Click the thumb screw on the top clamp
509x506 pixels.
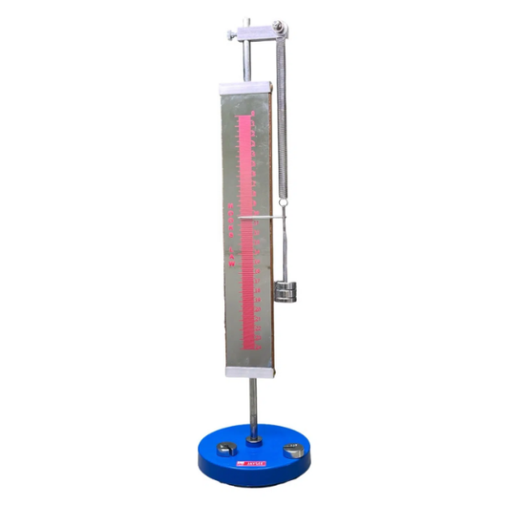pyautogui.click(x=232, y=34)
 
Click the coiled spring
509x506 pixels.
pyautogui.click(x=283, y=115)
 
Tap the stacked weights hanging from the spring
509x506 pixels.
pyautogui.click(x=284, y=292)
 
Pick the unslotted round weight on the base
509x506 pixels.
pyautogui.click(x=292, y=450)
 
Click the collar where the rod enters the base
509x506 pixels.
pyautogui.click(x=253, y=438)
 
